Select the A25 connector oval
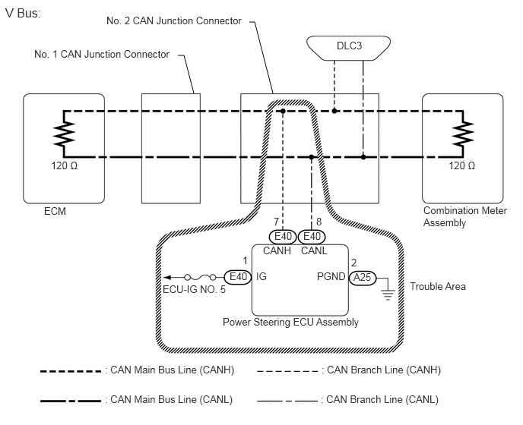pos(361,279)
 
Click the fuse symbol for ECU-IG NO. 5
pos(201,277)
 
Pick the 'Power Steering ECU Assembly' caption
pos(290,322)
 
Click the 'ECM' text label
pos(55,211)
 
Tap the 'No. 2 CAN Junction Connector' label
pos(174,21)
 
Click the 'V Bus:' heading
pos(24,14)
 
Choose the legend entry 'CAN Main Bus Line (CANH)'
pos(172,370)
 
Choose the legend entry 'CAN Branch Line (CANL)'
pos(381,399)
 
